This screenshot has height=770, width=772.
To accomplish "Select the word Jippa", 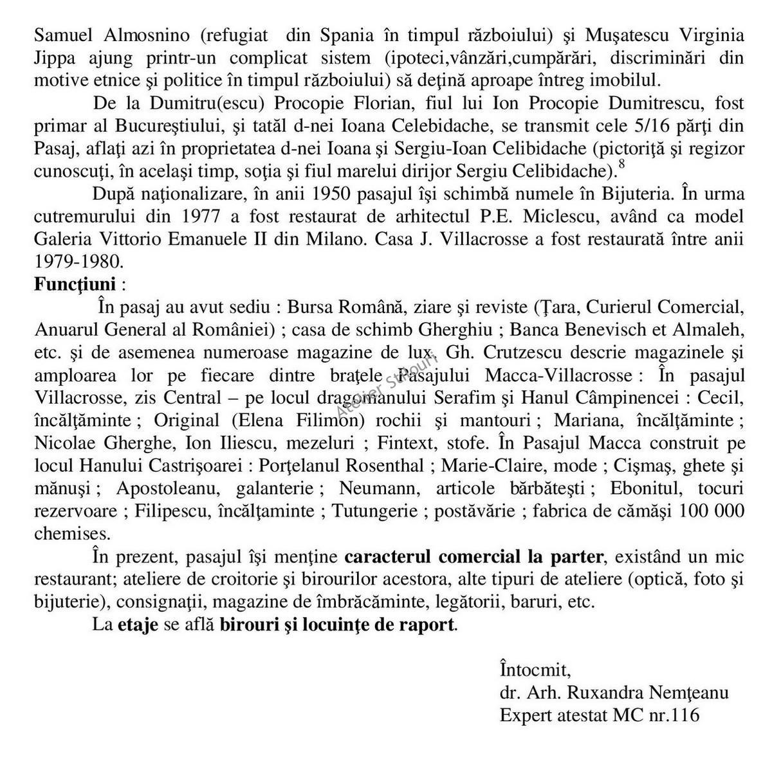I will click(x=53, y=57).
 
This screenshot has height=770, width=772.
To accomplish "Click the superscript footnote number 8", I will click(x=621, y=165).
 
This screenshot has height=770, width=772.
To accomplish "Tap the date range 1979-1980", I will click(x=78, y=262).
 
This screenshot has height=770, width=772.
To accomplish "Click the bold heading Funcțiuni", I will click(x=75, y=284).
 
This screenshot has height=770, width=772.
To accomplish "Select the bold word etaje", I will click(x=138, y=624).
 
